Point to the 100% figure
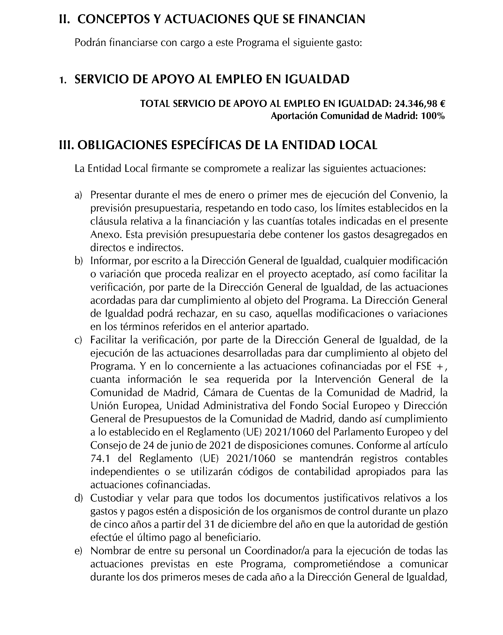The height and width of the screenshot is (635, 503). click(433, 116)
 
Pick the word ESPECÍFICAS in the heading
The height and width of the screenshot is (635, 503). click(201, 145)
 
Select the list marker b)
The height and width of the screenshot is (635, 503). click(78, 261)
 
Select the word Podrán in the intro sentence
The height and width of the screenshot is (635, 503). click(90, 43)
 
